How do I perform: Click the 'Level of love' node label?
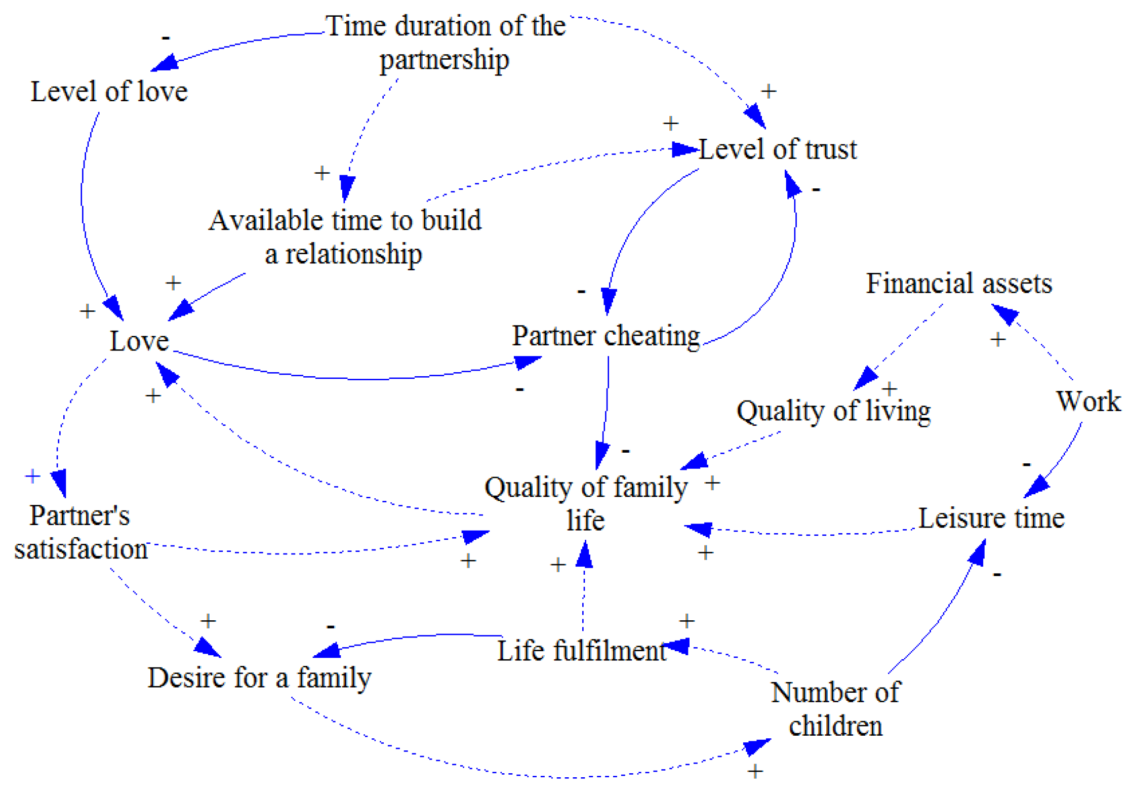(109, 92)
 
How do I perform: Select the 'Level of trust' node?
(778, 149)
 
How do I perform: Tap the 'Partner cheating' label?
(606, 336)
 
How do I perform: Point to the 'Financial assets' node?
(959, 283)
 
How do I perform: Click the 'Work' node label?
(1088, 401)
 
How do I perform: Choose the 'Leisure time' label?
(991, 518)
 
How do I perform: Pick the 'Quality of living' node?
(833, 411)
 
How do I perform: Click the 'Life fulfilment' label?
(581, 651)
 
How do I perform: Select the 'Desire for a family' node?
(259, 678)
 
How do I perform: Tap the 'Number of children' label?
(835, 709)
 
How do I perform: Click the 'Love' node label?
(139, 341)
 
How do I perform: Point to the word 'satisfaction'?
(81, 549)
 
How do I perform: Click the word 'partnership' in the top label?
(445, 60)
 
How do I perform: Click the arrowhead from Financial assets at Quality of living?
(865, 378)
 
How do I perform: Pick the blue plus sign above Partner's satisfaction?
(33, 476)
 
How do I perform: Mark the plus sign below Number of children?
(755, 772)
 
